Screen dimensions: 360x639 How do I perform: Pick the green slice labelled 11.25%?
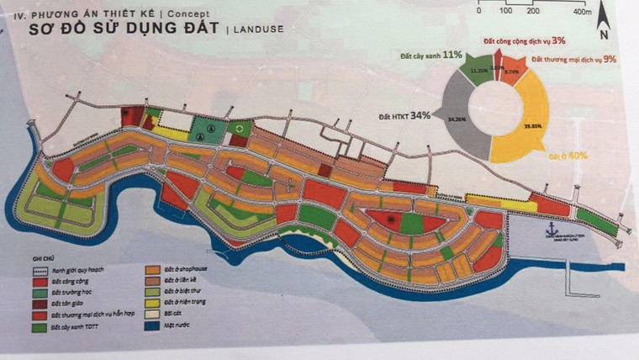pos(479,74)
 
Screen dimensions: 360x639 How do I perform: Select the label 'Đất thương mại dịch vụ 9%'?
pos(573,59)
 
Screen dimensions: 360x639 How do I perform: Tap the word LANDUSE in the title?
pos(256,29)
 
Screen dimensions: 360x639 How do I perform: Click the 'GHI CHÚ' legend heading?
pos(39,260)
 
